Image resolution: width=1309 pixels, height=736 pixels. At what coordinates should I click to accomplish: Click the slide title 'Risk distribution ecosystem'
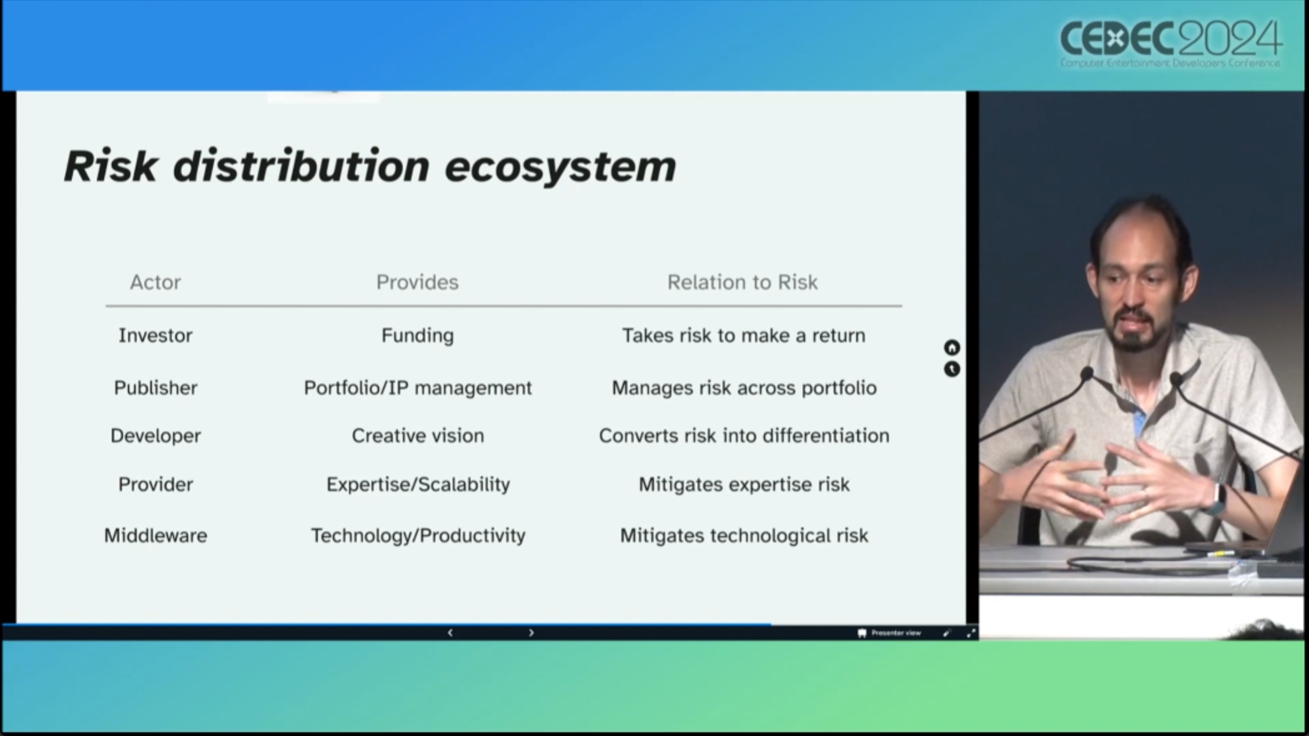370,167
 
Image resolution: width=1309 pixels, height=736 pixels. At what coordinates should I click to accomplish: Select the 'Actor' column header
156,282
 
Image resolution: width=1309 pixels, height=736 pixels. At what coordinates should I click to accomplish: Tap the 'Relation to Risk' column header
743,282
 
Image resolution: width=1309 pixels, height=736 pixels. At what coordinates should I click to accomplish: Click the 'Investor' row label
156,336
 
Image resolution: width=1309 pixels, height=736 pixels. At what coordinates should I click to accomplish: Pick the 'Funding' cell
418,336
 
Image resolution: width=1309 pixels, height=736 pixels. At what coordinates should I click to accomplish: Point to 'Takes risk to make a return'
744,336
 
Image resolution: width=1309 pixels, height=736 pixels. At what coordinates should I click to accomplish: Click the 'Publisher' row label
156,388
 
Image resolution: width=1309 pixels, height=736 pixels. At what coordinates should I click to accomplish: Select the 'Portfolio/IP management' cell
418,388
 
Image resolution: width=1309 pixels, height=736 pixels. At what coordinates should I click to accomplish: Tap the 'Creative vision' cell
418,435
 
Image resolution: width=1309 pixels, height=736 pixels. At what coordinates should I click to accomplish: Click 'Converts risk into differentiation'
744,435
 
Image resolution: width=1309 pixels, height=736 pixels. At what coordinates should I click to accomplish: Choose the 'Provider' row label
156,484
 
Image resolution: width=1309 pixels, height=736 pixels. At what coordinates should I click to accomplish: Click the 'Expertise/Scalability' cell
418,484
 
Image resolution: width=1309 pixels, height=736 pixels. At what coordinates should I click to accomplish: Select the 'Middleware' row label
156,535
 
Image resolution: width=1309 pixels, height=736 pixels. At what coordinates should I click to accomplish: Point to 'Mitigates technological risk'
744,535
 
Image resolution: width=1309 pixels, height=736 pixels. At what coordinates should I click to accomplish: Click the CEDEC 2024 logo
1171,42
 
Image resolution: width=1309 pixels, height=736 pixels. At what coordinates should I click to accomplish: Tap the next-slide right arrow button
531,633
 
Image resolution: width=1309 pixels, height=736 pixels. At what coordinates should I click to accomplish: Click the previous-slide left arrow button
450,633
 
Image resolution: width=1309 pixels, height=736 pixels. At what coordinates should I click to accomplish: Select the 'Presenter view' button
889,633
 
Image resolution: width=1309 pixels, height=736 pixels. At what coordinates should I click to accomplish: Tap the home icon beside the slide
952,347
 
